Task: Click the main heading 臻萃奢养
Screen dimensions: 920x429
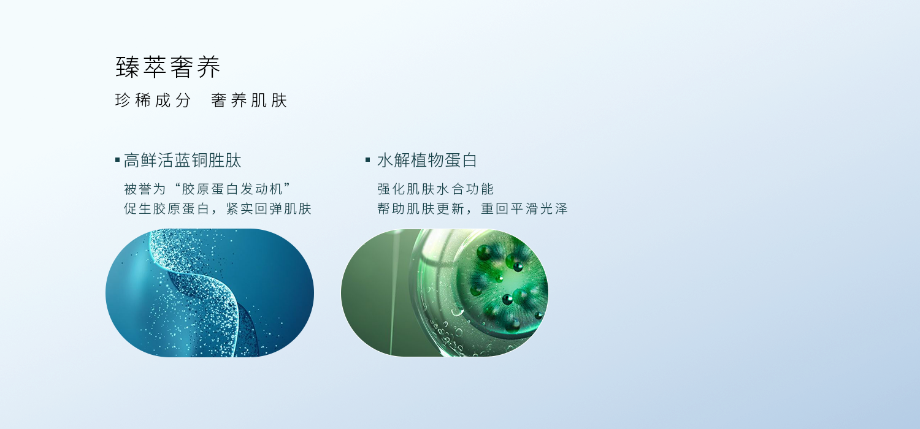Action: (168, 67)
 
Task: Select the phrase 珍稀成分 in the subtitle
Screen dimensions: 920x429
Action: (153, 101)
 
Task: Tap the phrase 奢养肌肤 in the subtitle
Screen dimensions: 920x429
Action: (249, 101)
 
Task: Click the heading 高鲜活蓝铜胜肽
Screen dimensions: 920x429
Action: (182, 160)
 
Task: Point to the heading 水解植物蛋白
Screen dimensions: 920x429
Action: (427, 160)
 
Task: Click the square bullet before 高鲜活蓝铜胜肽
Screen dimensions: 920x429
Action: (118, 160)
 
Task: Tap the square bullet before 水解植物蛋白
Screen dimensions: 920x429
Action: (368, 160)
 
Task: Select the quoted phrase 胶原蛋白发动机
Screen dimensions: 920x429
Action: (232, 189)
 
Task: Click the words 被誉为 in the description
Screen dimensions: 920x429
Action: (145, 189)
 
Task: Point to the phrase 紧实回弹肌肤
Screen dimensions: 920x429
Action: (269, 208)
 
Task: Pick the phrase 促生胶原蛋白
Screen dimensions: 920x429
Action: (167, 208)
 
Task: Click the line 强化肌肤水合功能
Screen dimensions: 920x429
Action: (435, 189)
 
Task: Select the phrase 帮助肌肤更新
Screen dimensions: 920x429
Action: (421, 208)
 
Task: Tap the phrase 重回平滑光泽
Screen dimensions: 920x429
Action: (524, 208)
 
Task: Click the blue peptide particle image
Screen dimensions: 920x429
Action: (210, 293)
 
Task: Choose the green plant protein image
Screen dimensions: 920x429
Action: (445, 293)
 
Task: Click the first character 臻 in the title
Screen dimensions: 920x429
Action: (128, 67)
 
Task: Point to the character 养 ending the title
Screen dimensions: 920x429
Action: (209, 67)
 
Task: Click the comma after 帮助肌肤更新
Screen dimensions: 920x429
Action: (470, 212)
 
